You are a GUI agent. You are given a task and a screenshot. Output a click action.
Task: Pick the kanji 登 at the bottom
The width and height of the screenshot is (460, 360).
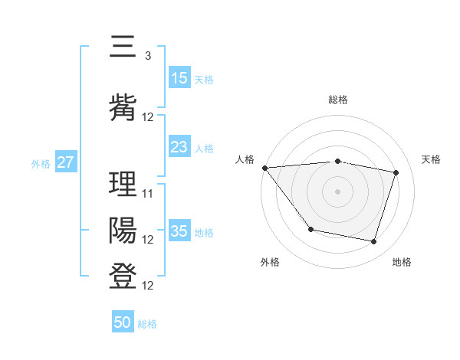(x=123, y=277)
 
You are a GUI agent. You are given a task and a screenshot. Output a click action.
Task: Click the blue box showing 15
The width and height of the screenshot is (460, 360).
(x=179, y=78)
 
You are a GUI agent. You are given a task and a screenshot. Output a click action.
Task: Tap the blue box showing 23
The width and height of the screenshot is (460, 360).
(x=179, y=148)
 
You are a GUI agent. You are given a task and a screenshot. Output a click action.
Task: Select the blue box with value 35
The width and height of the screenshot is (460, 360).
(x=179, y=231)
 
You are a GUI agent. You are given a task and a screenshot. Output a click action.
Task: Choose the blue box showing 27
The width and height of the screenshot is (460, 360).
(x=65, y=162)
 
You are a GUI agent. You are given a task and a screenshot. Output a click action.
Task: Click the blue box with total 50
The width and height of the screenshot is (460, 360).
(x=123, y=322)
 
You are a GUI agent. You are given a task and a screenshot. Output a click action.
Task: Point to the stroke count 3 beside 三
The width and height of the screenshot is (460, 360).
(x=147, y=56)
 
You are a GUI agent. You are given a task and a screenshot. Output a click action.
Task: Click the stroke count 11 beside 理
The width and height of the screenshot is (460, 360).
(x=148, y=194)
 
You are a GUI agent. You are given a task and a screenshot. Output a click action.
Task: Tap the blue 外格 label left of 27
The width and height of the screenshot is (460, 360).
(x=41, y=163)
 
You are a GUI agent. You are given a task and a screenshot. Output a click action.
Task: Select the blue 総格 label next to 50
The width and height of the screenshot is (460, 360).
(x=148, y=323)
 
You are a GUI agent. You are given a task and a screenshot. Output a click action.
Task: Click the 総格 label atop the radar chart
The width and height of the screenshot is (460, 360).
(x=337, y=100)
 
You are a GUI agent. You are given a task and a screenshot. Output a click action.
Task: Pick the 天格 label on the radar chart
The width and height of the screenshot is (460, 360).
(x=431, y=159)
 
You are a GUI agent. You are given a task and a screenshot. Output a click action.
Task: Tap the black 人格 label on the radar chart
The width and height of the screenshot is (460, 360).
(x=245, y=159)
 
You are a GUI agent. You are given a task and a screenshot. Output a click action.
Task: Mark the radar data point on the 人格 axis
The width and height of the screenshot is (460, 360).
(x=264, y=168)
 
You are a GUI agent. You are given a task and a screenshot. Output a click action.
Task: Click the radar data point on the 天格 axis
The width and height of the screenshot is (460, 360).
(x=396, y=172)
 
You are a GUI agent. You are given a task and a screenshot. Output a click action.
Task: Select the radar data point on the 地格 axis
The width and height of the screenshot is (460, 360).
(x=373, y=242)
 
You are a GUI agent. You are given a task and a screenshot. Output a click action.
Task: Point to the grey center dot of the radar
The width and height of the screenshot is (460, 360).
(x=337, y=191)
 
